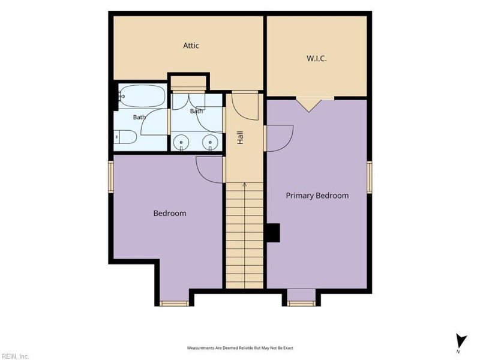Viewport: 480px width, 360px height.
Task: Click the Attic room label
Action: pos(191,46)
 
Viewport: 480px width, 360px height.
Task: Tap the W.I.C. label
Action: pos(317,58)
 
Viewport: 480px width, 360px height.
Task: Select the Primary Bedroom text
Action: pos(317,196)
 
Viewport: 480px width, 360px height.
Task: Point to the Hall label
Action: pos(241,138)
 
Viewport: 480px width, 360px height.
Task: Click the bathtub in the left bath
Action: pos(142,96)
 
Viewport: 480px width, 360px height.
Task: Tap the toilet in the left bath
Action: pos(125,137)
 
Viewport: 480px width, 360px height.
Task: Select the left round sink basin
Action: pos(181,142)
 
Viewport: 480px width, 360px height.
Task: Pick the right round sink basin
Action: pos(210,142)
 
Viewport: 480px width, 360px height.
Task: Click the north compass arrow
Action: pos(461,341)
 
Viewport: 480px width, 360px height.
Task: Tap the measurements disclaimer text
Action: pos(240,348)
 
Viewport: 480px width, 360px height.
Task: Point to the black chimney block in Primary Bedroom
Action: pos(273,233)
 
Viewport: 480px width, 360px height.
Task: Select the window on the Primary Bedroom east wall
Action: pos(370,177)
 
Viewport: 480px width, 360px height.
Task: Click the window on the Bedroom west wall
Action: pos(111,177)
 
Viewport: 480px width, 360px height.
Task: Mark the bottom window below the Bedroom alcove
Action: pos(174,304)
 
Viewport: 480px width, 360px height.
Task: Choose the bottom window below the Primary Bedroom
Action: pos(301,304)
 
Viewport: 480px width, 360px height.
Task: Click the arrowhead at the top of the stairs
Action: pos(245,184)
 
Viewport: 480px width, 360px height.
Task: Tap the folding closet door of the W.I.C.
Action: pos(309,104)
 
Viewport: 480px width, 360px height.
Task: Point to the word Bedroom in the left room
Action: pos(170,214)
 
